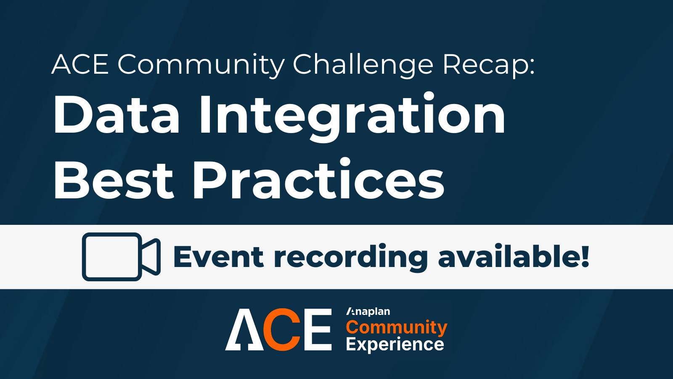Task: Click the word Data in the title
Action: [x=117, y=114]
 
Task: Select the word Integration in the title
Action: [x=352, y=117]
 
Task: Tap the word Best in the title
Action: [x=114, y=180]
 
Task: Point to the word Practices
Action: [x=318, y=179]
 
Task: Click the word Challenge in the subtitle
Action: [x=363, y=65]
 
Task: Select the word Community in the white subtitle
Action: [x=201, y=65]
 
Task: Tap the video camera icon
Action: [x=121, y=256]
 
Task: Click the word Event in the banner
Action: [x=218, y=256]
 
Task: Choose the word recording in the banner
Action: [x=351, y=257]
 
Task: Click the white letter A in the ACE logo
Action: [x=244, y=330]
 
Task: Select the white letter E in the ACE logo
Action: [x=318, y=330]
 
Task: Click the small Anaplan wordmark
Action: [x=368, y=312]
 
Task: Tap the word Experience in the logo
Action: [x=395, y=345]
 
